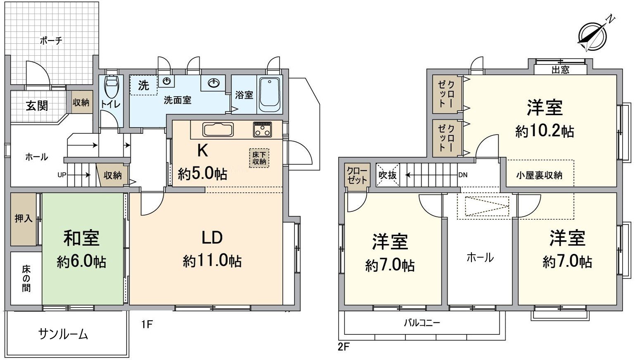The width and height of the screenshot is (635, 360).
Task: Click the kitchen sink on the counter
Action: point(218,130)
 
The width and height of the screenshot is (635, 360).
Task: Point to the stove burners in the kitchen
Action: point(262,129)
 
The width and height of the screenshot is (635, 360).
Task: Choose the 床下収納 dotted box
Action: point(259,158)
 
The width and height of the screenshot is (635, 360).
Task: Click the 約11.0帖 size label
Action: point(212,261)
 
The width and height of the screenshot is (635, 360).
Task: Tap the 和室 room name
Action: point(81,238)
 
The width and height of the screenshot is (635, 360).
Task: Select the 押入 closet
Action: point(24,219)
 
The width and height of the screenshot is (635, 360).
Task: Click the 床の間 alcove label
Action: point(26,279)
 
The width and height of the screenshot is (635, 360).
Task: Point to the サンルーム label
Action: point(63,334)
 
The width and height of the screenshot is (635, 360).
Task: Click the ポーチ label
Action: point(51,40)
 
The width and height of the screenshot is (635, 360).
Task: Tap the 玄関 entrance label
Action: point(37,106)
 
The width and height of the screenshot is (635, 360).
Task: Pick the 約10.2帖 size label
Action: point(545,131)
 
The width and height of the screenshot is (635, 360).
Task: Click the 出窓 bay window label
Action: point(560,70)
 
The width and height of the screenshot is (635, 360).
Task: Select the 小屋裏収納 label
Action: point(539,175)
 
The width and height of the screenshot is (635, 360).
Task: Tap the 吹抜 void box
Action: point(388,175)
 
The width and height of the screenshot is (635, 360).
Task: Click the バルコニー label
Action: point(422,322)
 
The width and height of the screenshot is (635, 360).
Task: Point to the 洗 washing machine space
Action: point(143,85)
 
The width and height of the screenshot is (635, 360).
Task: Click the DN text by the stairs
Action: point(463,175)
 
